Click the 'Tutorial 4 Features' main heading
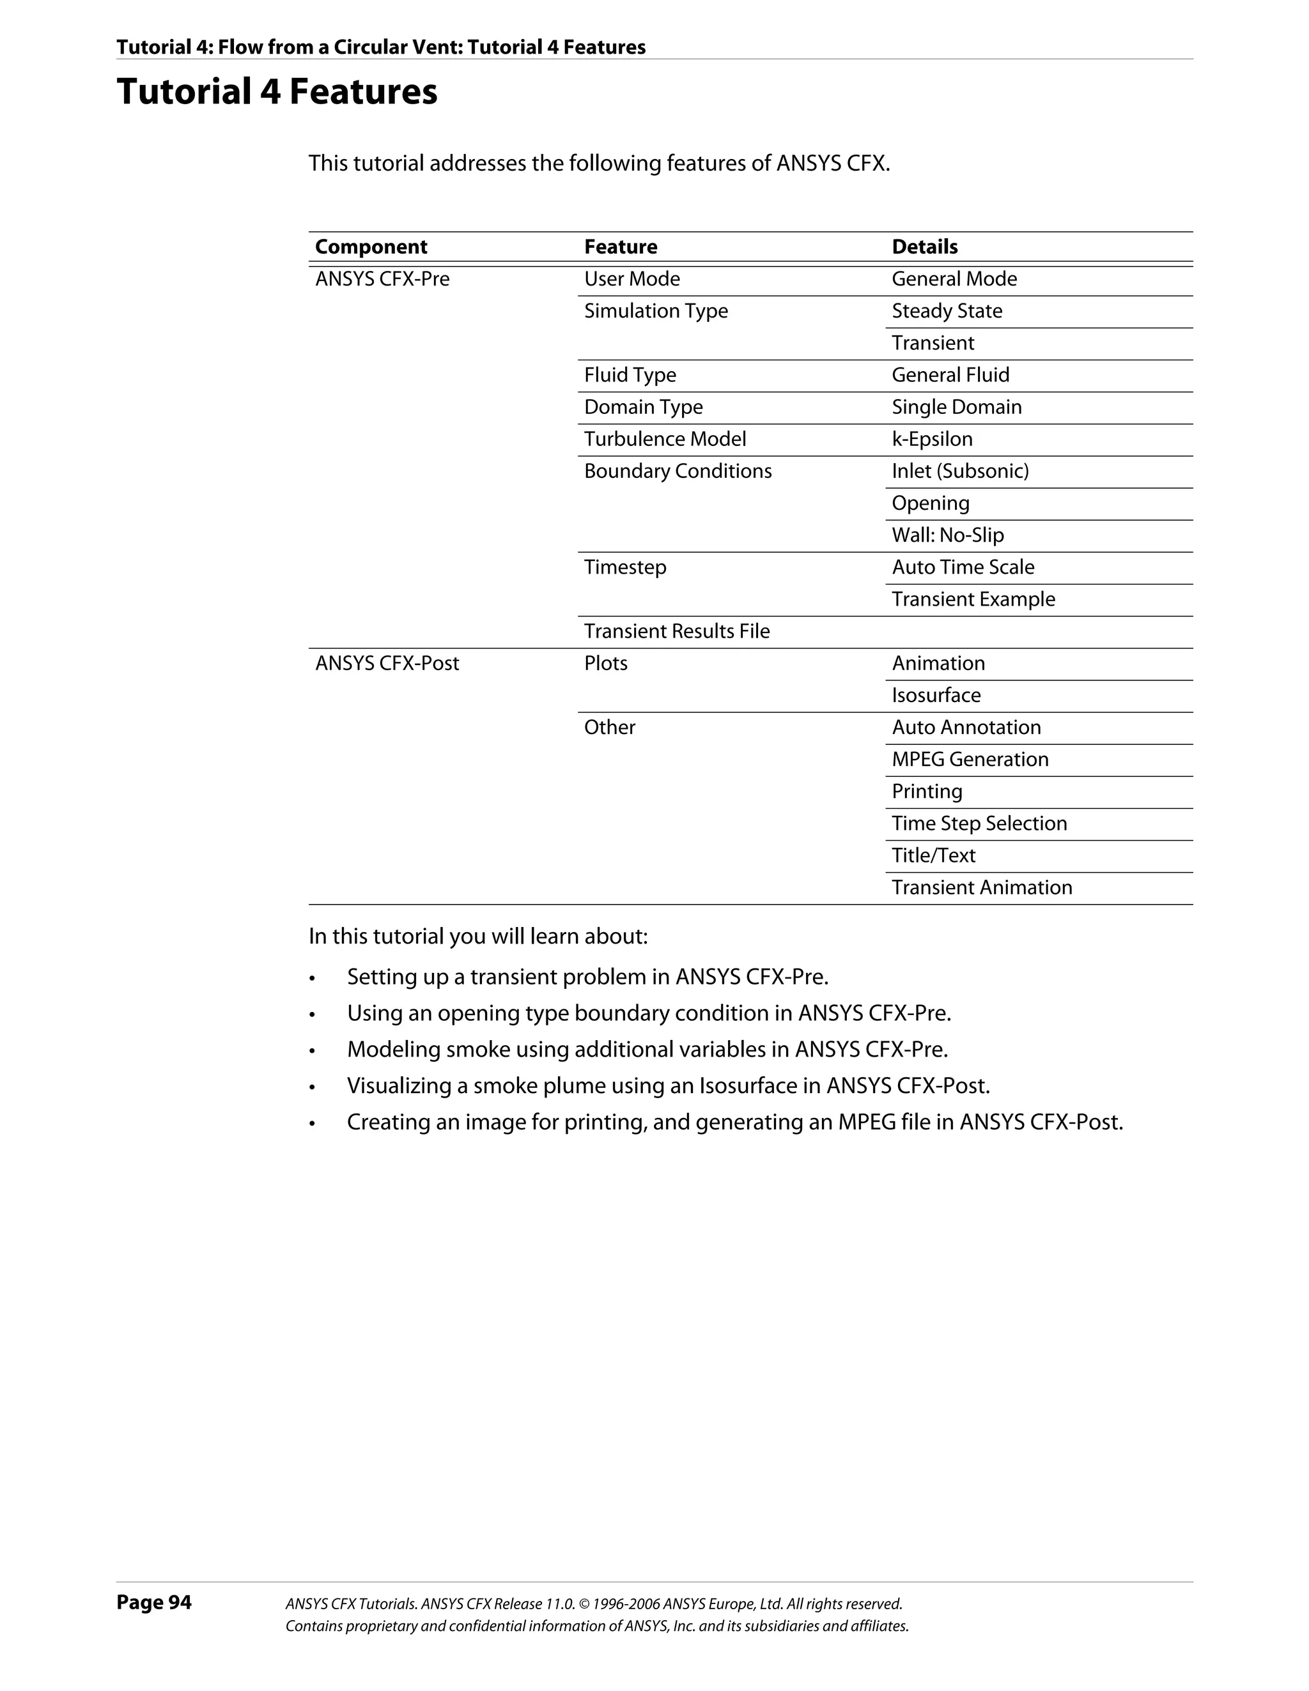click(277, 91)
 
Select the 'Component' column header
click(371, 247)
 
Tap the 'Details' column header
click(924, 247)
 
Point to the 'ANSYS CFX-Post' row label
click(387, 664)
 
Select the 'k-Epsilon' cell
click(932, 439)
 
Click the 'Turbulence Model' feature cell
click(665, 439)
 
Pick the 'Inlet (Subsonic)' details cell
click(959, 471)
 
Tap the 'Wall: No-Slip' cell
click(947, 535)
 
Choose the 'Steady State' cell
click(947, 311)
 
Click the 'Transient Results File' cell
click(676, 631)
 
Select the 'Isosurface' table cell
click(936, 695)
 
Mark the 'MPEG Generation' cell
click(970, 760)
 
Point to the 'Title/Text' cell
click(933, 855)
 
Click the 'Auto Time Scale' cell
click(963, 567)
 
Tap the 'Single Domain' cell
click(957, 408)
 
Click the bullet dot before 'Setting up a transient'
click(312, 979)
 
